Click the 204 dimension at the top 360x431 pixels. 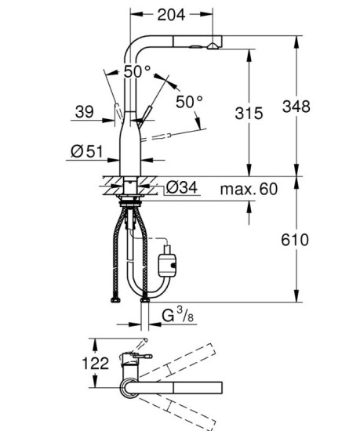[171, 13]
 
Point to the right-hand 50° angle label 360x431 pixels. [189, 101]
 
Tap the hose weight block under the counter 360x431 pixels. [167, 260]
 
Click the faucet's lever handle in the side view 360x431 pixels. [142, 118]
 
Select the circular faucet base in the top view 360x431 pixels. [129, 387]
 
